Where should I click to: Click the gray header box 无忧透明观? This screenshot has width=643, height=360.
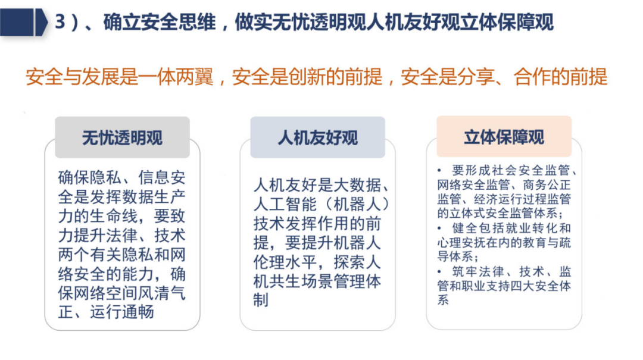(122, 137)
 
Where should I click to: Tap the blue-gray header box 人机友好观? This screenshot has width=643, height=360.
(317, 137)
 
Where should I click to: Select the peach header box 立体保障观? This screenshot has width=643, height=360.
(504, 136)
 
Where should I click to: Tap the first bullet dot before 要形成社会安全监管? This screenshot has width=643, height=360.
(440, 170)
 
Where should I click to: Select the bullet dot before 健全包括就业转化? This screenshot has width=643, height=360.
(440, 228)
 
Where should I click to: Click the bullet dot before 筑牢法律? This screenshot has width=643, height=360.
(440, 272)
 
